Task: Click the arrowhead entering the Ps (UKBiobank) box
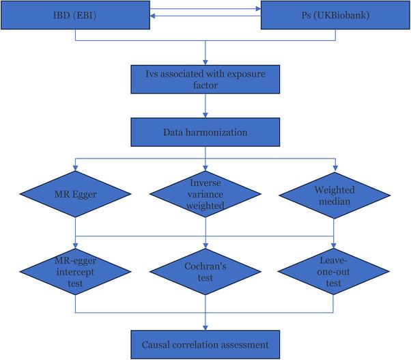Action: (258, 10)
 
